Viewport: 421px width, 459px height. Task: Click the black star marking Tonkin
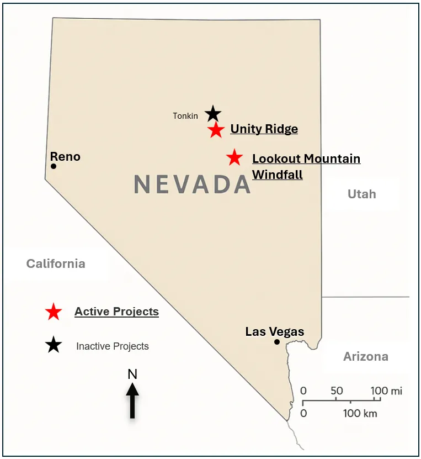(213, 114)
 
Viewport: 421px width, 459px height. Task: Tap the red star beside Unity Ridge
(216, 130)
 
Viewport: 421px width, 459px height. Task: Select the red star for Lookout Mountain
(235, 158)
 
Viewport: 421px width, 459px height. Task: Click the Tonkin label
(185, 116)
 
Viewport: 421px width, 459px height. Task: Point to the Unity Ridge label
(264, 129)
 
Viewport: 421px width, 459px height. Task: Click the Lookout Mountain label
(306, 159)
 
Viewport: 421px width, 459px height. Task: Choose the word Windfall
(277, 175)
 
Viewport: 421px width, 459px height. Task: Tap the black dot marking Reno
(54, 166)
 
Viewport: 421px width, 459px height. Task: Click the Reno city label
(65, 156)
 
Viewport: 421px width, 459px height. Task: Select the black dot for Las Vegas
(277, 342)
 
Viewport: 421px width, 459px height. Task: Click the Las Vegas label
(275, 331)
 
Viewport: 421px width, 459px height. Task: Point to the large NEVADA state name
(192, 184)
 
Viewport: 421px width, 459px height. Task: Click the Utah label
(361, 194)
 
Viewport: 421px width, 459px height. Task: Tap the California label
(56, 263)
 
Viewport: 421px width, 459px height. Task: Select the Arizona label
(365, 356)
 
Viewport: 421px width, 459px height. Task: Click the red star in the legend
(54, 312)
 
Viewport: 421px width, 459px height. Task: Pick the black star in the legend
(54, 346)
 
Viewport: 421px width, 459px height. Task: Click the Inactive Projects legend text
(113, 346)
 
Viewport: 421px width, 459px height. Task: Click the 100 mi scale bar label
(386, 391)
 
